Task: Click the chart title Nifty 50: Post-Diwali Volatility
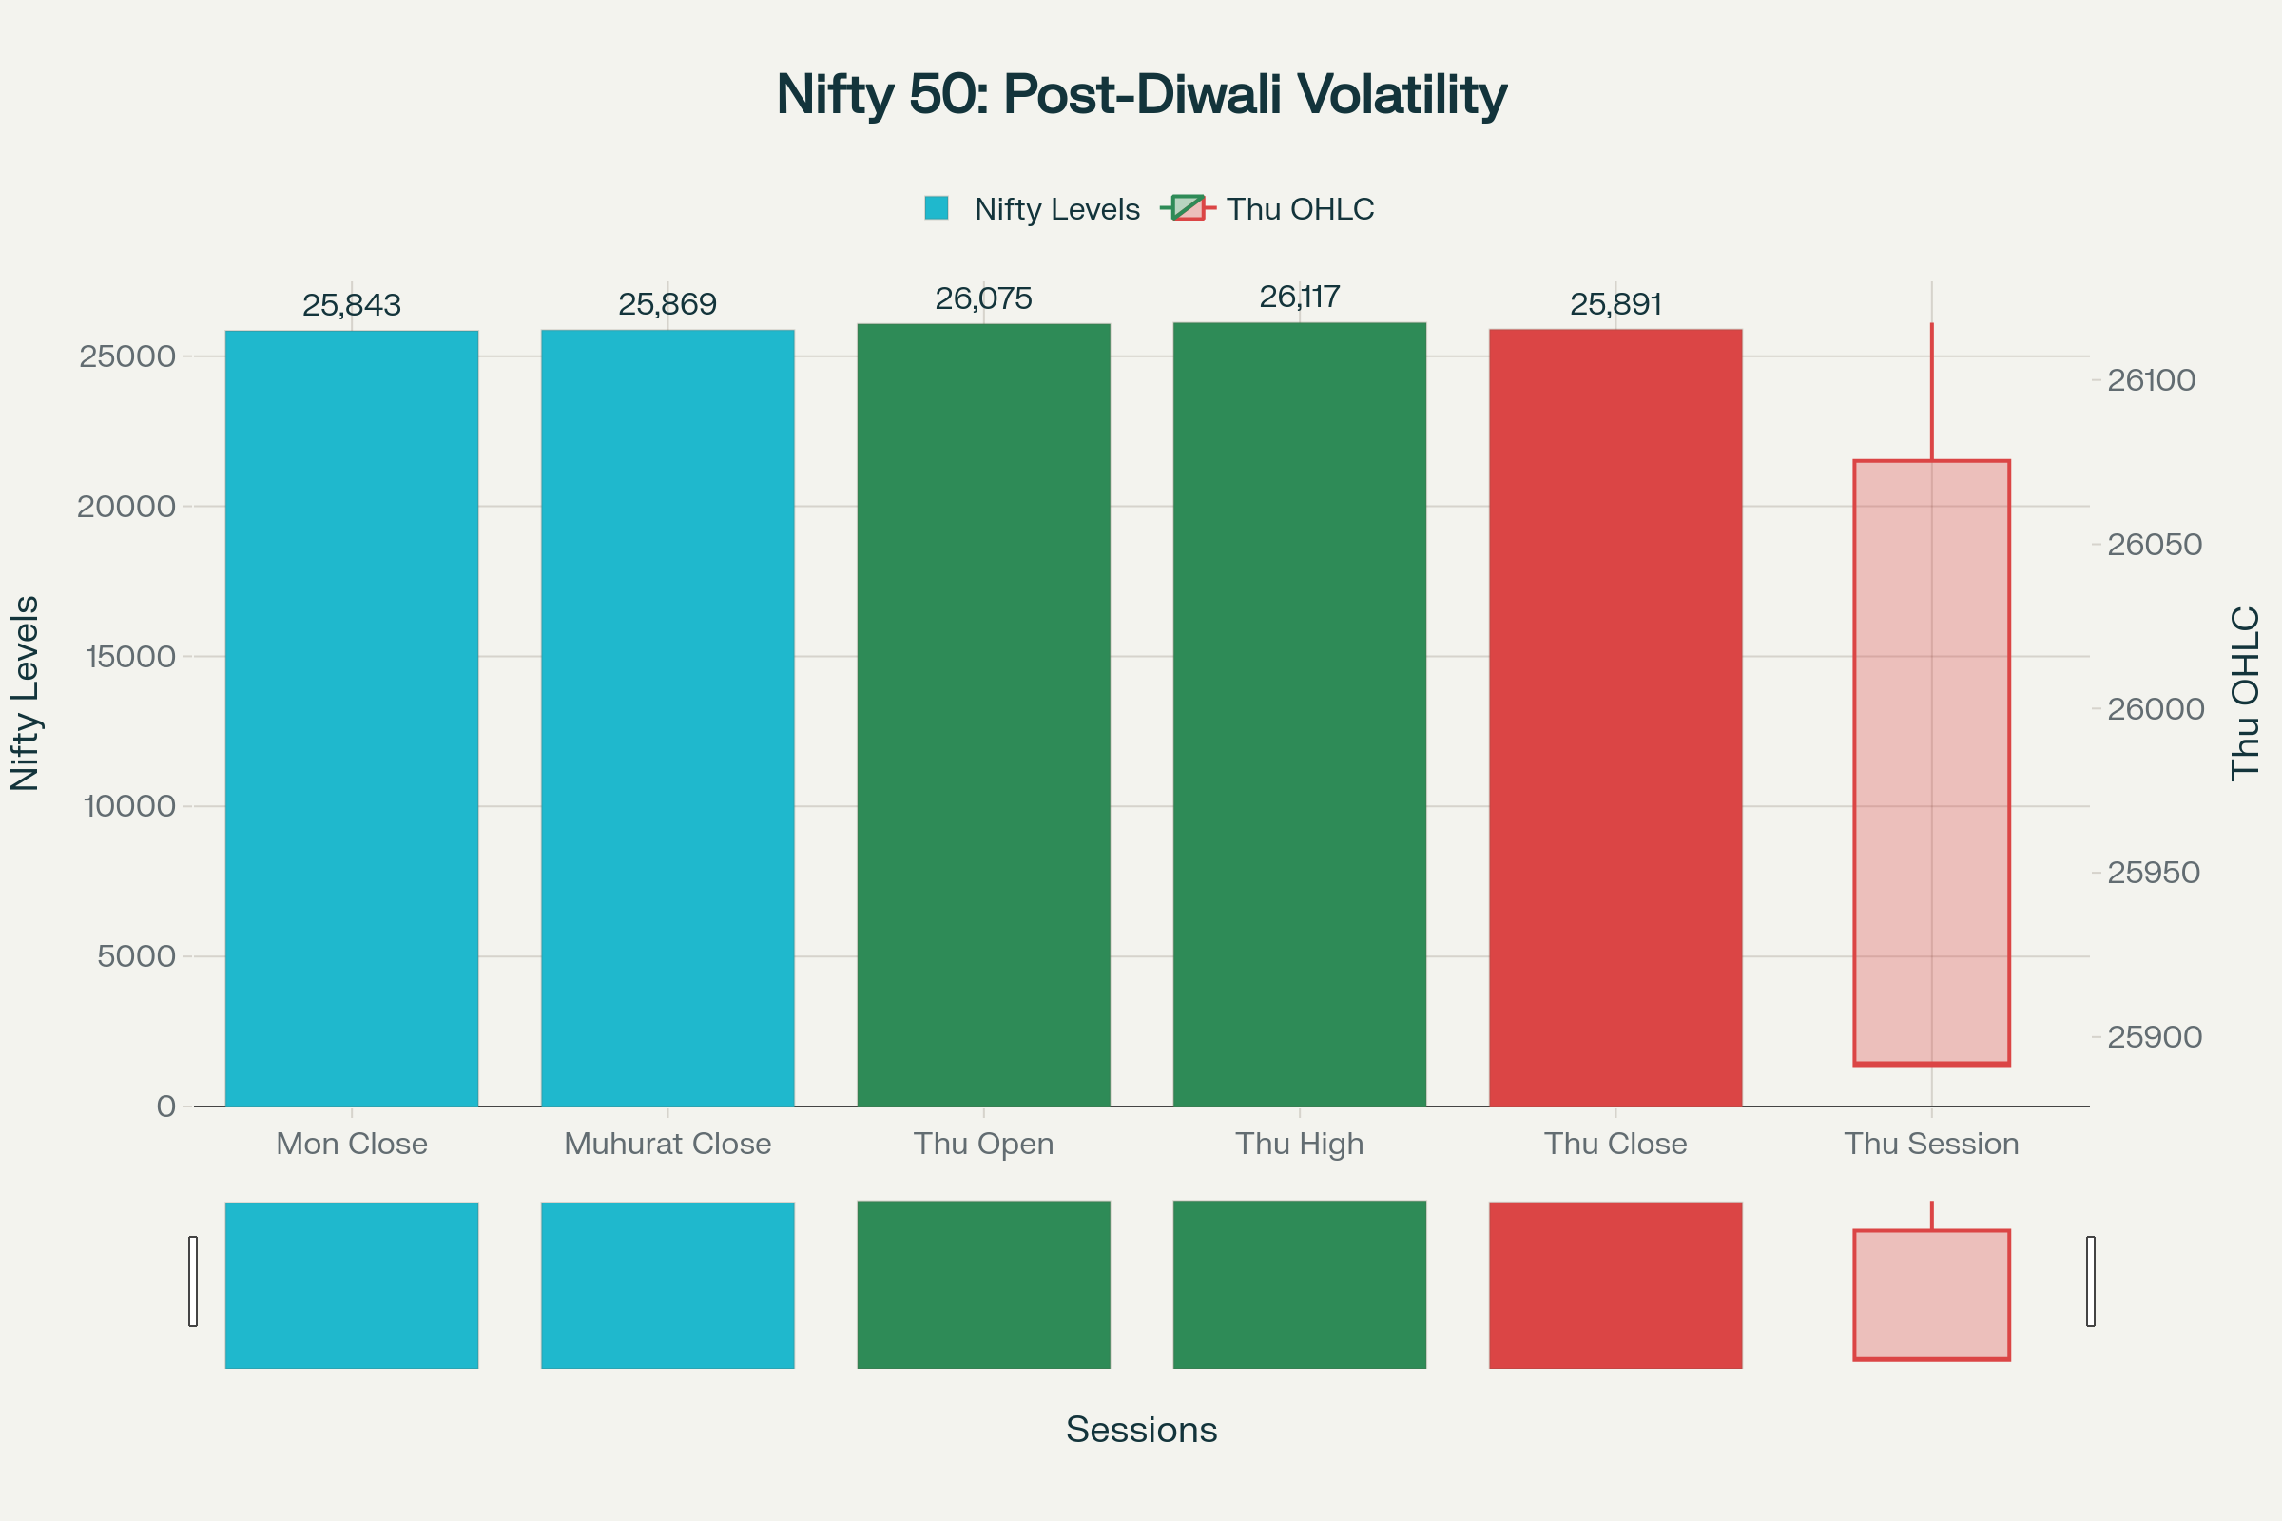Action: (x=1141, y=95)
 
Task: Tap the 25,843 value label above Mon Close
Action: (x=351, y=305)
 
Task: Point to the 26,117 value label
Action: (x=1299, y=297)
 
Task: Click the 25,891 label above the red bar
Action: (x=1615, y=304)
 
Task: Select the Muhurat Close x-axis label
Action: (x=667, y=1144)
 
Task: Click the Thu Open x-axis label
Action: (x=983, y=1144)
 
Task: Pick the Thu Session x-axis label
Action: (x=1931, y=1144)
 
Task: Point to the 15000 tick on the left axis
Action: (x=131, y=657)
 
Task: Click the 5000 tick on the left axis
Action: (x=136, y=956)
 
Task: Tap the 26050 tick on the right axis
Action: (x=2154, y=544)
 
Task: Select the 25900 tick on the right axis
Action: (x=2154, y=1037)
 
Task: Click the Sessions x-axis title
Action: (x=1141, y=1430)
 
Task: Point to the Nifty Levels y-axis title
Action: (x=26, y=693)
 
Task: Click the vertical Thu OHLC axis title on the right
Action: (x=2245, y=693)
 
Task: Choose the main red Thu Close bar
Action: (x=1615, y=718)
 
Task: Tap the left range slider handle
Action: (x=193, y=1280)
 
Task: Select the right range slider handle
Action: (x=2091, y=1280)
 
